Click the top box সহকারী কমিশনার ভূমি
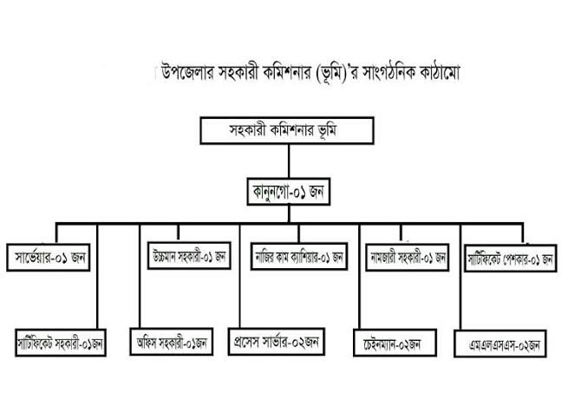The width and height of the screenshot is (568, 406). (x=287, y=130)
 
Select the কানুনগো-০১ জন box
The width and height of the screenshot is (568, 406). (x=289, y=192)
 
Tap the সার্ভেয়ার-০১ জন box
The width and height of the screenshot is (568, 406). (x=49, y=258)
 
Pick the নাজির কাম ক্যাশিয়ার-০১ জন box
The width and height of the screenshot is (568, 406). (x=299, y=257)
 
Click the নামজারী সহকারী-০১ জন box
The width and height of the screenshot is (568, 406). (x=408, y=258)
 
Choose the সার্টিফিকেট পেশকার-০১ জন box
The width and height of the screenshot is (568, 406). (x=511, y=259)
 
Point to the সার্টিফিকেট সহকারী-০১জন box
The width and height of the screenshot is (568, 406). (x=61, y=343)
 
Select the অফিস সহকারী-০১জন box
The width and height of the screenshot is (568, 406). (x=172, y=342)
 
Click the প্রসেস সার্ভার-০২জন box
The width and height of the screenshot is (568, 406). (x=277, y=342)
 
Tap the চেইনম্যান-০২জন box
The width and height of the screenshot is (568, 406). (x=395, y=343)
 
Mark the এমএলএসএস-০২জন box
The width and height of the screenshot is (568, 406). (x=500, y=344)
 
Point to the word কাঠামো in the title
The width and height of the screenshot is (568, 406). (x=440, y=73)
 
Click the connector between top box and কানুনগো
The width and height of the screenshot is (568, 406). (x=289, y=161)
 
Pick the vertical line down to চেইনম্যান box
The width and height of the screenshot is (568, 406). (x=360, y=277)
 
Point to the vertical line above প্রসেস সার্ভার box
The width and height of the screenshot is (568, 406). (x=239, y=276)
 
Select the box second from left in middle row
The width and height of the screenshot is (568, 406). (x=189, y=256)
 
